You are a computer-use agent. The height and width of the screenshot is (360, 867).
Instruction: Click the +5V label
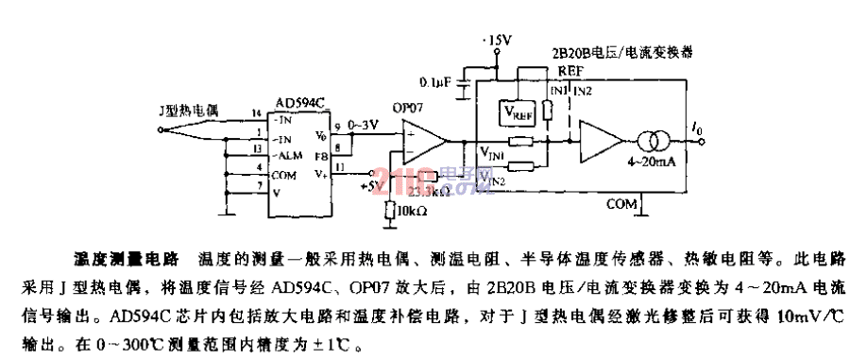(370, 185)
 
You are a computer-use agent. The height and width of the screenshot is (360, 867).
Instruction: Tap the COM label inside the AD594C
(283, 175)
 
